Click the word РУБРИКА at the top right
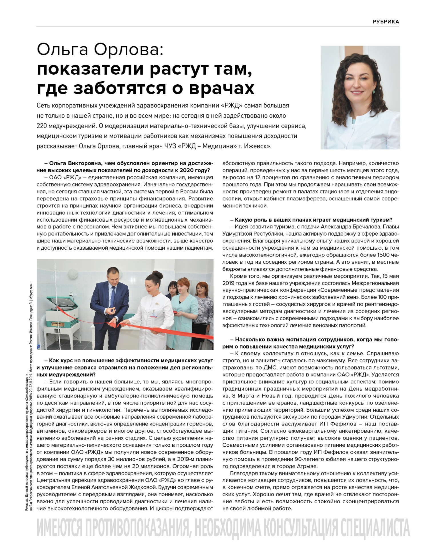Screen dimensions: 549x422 coord(386,22)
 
